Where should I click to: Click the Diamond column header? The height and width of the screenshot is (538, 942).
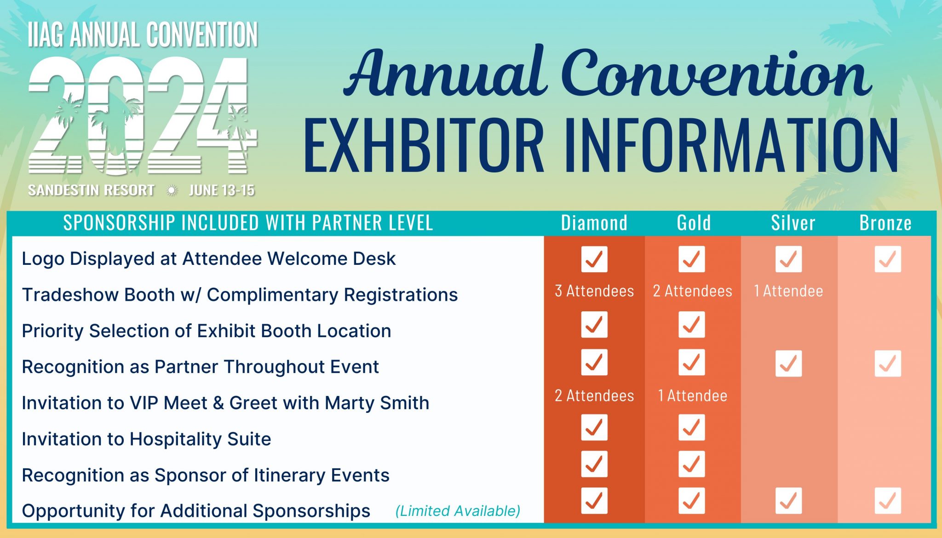(x=594, y=223)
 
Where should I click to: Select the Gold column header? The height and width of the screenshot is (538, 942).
(x=694, y=223)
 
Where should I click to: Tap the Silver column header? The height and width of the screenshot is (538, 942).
(x=793, y=223)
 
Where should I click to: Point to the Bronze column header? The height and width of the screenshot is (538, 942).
(x=885, y=223)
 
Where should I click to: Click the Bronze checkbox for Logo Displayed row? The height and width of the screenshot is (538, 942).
(x=887, y=259)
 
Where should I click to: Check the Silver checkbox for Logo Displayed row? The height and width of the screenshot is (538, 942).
(x=788, y=259)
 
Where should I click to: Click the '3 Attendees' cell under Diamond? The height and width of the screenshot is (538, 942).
(x=594, y=291)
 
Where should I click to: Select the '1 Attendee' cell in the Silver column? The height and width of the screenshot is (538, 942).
(x=788, y=291)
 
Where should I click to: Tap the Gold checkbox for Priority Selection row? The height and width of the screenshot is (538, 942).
(x=691, y=325)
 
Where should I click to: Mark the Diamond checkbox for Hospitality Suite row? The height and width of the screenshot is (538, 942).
(x=594, y=427)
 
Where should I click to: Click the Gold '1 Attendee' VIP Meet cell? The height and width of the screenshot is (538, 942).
(x=692, y=396)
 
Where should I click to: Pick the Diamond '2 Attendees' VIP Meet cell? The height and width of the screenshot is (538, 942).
(x=594, y=396)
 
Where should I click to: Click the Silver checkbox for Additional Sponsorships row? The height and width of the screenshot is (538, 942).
(x=788, y=500)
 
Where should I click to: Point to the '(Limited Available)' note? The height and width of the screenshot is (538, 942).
(x=458, y=511)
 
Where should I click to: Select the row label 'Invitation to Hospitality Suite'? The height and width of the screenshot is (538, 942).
(x=146, y=439)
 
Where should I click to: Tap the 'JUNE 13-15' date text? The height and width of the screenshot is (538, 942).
(x=222, y=190)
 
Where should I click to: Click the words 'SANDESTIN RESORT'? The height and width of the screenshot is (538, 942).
(x=91, y=190)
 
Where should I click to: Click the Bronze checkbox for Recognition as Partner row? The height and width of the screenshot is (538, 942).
(x=887, y=364)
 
